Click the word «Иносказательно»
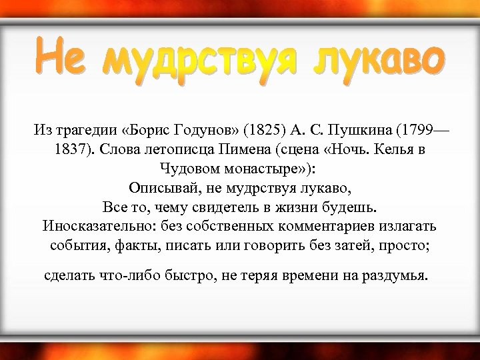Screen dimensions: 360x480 [87, 225]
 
